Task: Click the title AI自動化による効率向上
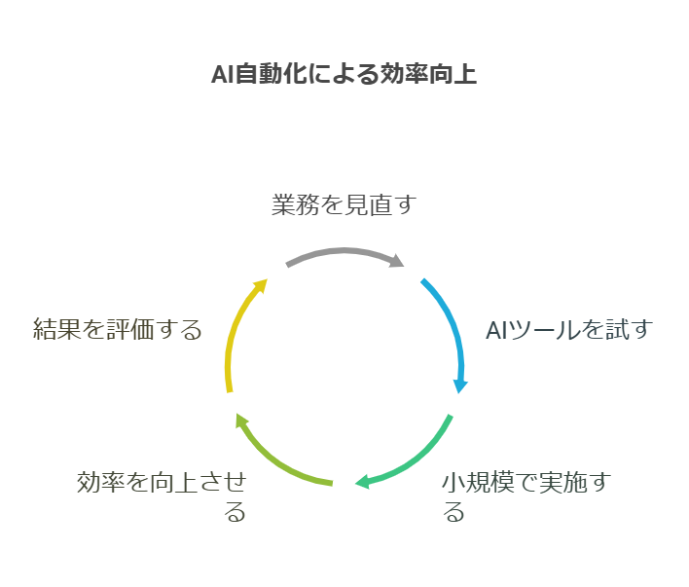344,75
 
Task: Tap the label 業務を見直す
343,205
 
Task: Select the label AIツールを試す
567,330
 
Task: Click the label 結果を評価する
117,329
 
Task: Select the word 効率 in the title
406,75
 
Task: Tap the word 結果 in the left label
55,329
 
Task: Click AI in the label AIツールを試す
496,330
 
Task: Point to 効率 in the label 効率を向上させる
100,483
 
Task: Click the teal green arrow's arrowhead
360,482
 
